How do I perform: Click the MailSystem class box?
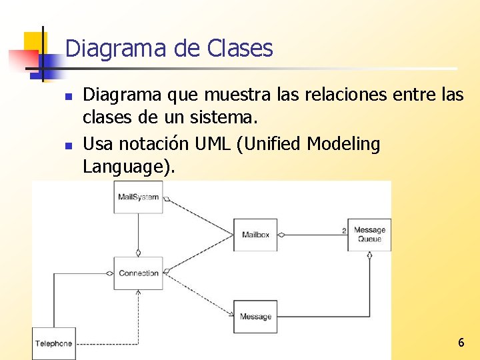click(138, 197)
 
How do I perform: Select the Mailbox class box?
click(255, 235)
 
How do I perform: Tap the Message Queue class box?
click(369, 235)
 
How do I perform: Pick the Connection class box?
click(138, 273)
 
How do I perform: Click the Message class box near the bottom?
click(255, 316)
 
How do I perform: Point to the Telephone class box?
click(54, 343)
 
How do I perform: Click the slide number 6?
click(461, 343)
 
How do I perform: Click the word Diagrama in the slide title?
click(105, 49)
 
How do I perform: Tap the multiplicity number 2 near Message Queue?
click(344, 230)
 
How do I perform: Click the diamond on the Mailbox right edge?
click(281, 235)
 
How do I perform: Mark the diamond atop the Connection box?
click(138, 253)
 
